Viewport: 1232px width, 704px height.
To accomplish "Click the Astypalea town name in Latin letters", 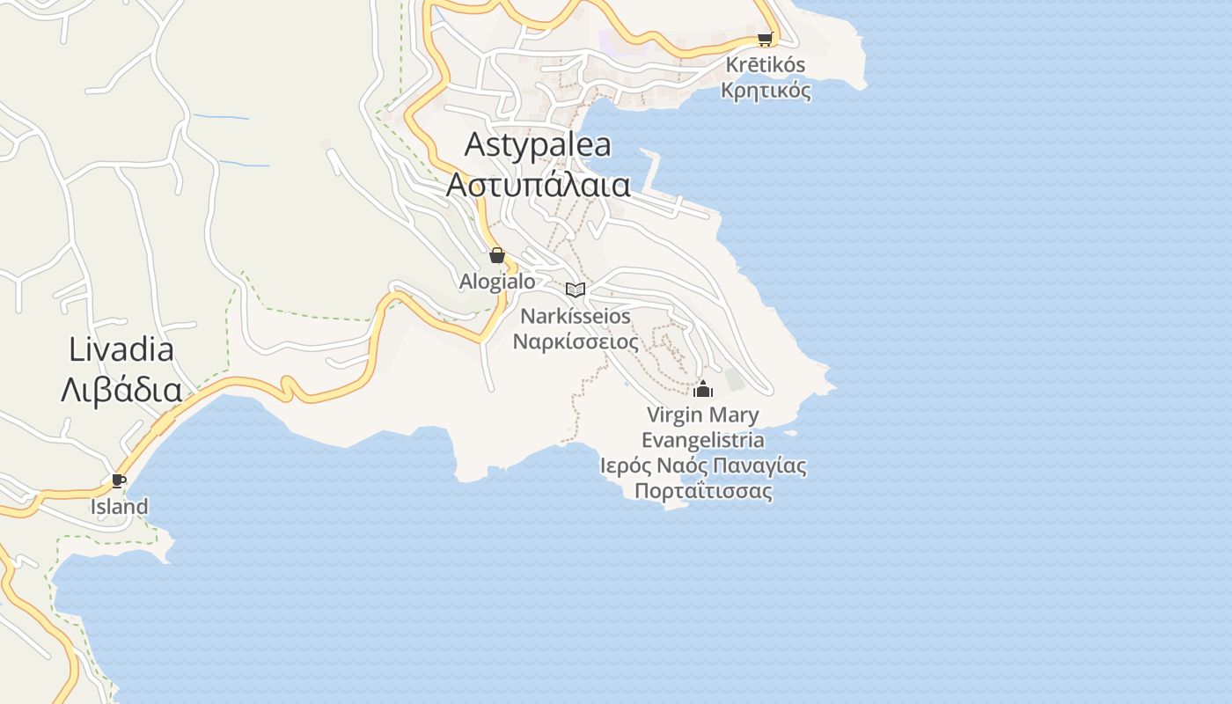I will click(x=537, y=144).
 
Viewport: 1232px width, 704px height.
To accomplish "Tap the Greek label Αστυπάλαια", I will click(x=538, y=186).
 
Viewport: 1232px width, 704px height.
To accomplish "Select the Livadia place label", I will click(x=121, y=350).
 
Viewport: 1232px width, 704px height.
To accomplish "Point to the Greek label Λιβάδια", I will click(x=121, y=390).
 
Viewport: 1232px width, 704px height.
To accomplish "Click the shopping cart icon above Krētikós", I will click(x=765, y=39).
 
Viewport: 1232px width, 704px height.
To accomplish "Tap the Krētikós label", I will click(x=766, y=65).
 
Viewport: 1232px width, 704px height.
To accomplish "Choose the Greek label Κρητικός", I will click(x=766, y=90).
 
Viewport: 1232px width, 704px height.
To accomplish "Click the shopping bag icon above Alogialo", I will click(x=497, y=255).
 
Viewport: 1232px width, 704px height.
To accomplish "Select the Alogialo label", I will click(x=497, y=282).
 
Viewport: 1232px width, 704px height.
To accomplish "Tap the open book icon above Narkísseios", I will click(x=576, y=290).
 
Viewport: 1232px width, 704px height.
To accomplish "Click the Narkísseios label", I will click(x=576, y=316).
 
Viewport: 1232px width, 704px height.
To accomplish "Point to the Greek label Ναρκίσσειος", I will click(x=576, y=341).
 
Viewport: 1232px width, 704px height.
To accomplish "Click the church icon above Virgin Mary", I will click(x=703, y=388).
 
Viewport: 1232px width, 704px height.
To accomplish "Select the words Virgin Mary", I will click(x=702, y=414).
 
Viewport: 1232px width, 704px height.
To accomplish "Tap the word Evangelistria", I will click(x=702, y=440).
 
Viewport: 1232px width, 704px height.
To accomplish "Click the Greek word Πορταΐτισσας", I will click(x=703, y=491).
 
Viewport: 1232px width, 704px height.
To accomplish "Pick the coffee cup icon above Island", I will click(x=119, y=480).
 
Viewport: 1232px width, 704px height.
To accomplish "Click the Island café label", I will click(x=119, y=507).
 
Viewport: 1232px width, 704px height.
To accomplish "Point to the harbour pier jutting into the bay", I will click(x=652, y=172).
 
